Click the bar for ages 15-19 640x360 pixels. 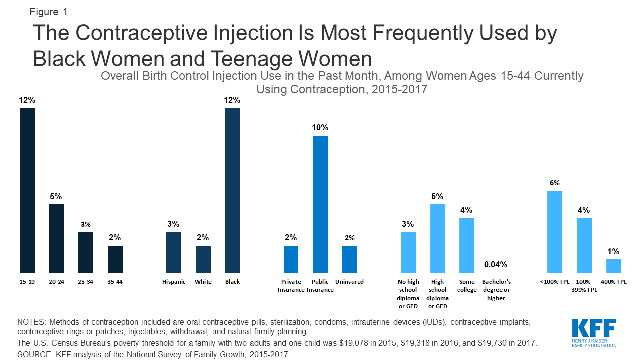pos(27,190)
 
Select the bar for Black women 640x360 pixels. pos(232,190)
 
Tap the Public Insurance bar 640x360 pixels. pos(320,204)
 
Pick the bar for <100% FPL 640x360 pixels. pos(555,231)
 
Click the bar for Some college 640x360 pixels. pos(467,245)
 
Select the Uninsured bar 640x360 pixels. pos(350,259)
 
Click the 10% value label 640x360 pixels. pos(320,128)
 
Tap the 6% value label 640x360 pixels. pos(555,183)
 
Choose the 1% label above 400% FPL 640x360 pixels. pos(614,251)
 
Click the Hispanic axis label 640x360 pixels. pos(174,282)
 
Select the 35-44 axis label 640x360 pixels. pos(115,282)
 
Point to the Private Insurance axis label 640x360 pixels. pos(291,286)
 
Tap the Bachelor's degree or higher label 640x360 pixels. pos(496,290)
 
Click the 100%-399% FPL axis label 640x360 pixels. pos(584,286)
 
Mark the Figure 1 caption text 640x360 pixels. pos(49,11)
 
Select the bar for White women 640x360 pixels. pos(203,259)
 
